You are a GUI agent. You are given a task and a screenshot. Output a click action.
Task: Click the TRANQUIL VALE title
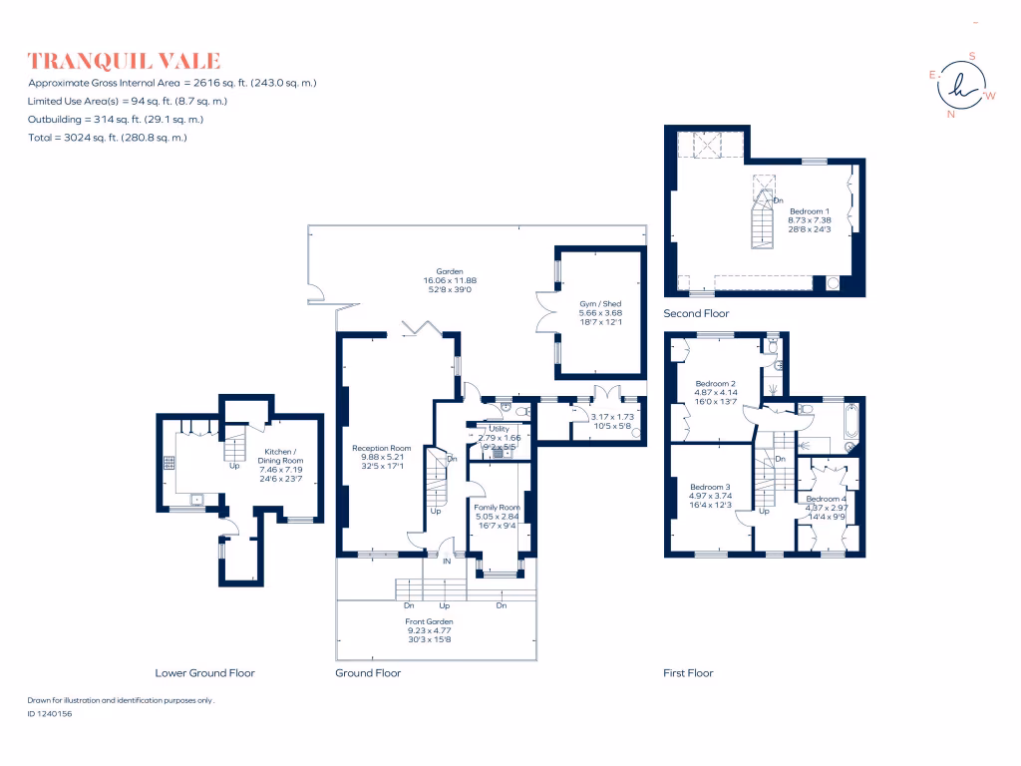[x=125, y=61]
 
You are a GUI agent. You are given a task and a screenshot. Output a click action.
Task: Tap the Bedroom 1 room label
[x=808, y=211]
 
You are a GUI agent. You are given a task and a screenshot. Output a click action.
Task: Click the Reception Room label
[x=382, y=449]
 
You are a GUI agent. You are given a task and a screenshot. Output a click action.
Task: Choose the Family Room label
[x=497, y=507]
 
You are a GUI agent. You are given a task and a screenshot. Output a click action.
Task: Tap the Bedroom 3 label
[x=711, y=487]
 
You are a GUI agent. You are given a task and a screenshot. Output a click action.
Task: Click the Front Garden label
[x=430, y=621]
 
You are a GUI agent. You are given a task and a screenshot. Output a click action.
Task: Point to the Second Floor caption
[x=696, y=314]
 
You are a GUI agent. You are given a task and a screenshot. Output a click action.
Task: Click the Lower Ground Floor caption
[x=204, y=673]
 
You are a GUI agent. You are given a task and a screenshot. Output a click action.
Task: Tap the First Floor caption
[x=688, y=673]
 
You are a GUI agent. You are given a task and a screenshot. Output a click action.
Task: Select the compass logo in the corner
[x=961, y=86]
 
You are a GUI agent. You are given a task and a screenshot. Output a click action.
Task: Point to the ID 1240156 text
[x=50, y=714]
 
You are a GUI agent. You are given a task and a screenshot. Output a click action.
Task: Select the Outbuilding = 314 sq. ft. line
[x=116, y=119]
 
